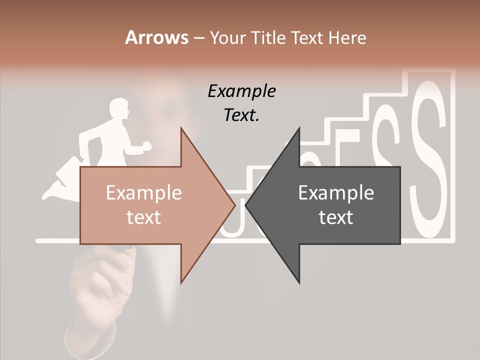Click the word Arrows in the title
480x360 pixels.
pos(156,37)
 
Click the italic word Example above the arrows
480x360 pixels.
pos(241,91)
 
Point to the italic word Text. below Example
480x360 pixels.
pos(241,115)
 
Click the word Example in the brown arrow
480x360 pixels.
pos(143,193)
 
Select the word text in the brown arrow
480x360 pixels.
pos(143,217)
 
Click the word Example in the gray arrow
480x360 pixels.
pos(336,193)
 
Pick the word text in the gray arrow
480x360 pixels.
pos(336,217)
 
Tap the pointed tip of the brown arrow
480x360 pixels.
pos(234,205)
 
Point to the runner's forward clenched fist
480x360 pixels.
pos(147,145)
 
